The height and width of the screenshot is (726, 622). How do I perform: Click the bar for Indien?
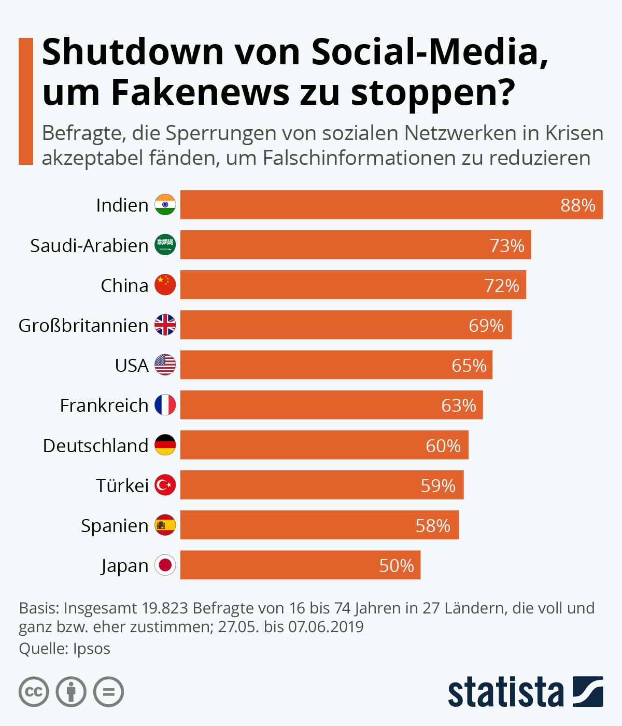coord(391,205)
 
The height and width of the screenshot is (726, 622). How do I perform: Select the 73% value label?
coord(506,245)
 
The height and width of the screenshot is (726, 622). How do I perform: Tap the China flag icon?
coord(165,285)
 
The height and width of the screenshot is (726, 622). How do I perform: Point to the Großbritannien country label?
coord(83,326)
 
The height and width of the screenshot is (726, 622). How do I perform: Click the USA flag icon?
coord(165,365)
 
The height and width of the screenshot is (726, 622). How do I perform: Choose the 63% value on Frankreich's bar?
coord(458,406)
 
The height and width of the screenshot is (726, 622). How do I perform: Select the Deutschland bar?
coord(324,445)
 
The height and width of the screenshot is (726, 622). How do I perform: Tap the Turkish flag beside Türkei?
coord(165,485)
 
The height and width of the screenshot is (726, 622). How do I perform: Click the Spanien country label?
coord(115,526)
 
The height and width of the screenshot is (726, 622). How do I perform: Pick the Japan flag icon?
coord(165,565)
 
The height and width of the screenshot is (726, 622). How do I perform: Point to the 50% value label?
coord(396,566)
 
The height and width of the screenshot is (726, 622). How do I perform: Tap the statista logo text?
coord(505,692)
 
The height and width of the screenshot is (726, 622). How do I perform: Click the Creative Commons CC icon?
coord(34,692)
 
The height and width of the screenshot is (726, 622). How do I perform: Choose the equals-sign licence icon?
coord(109,692)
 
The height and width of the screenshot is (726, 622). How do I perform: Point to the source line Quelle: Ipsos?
coord(65,649)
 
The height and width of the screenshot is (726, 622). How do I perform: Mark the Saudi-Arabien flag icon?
coord(165,245)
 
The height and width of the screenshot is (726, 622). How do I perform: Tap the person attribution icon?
coord(71,692)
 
